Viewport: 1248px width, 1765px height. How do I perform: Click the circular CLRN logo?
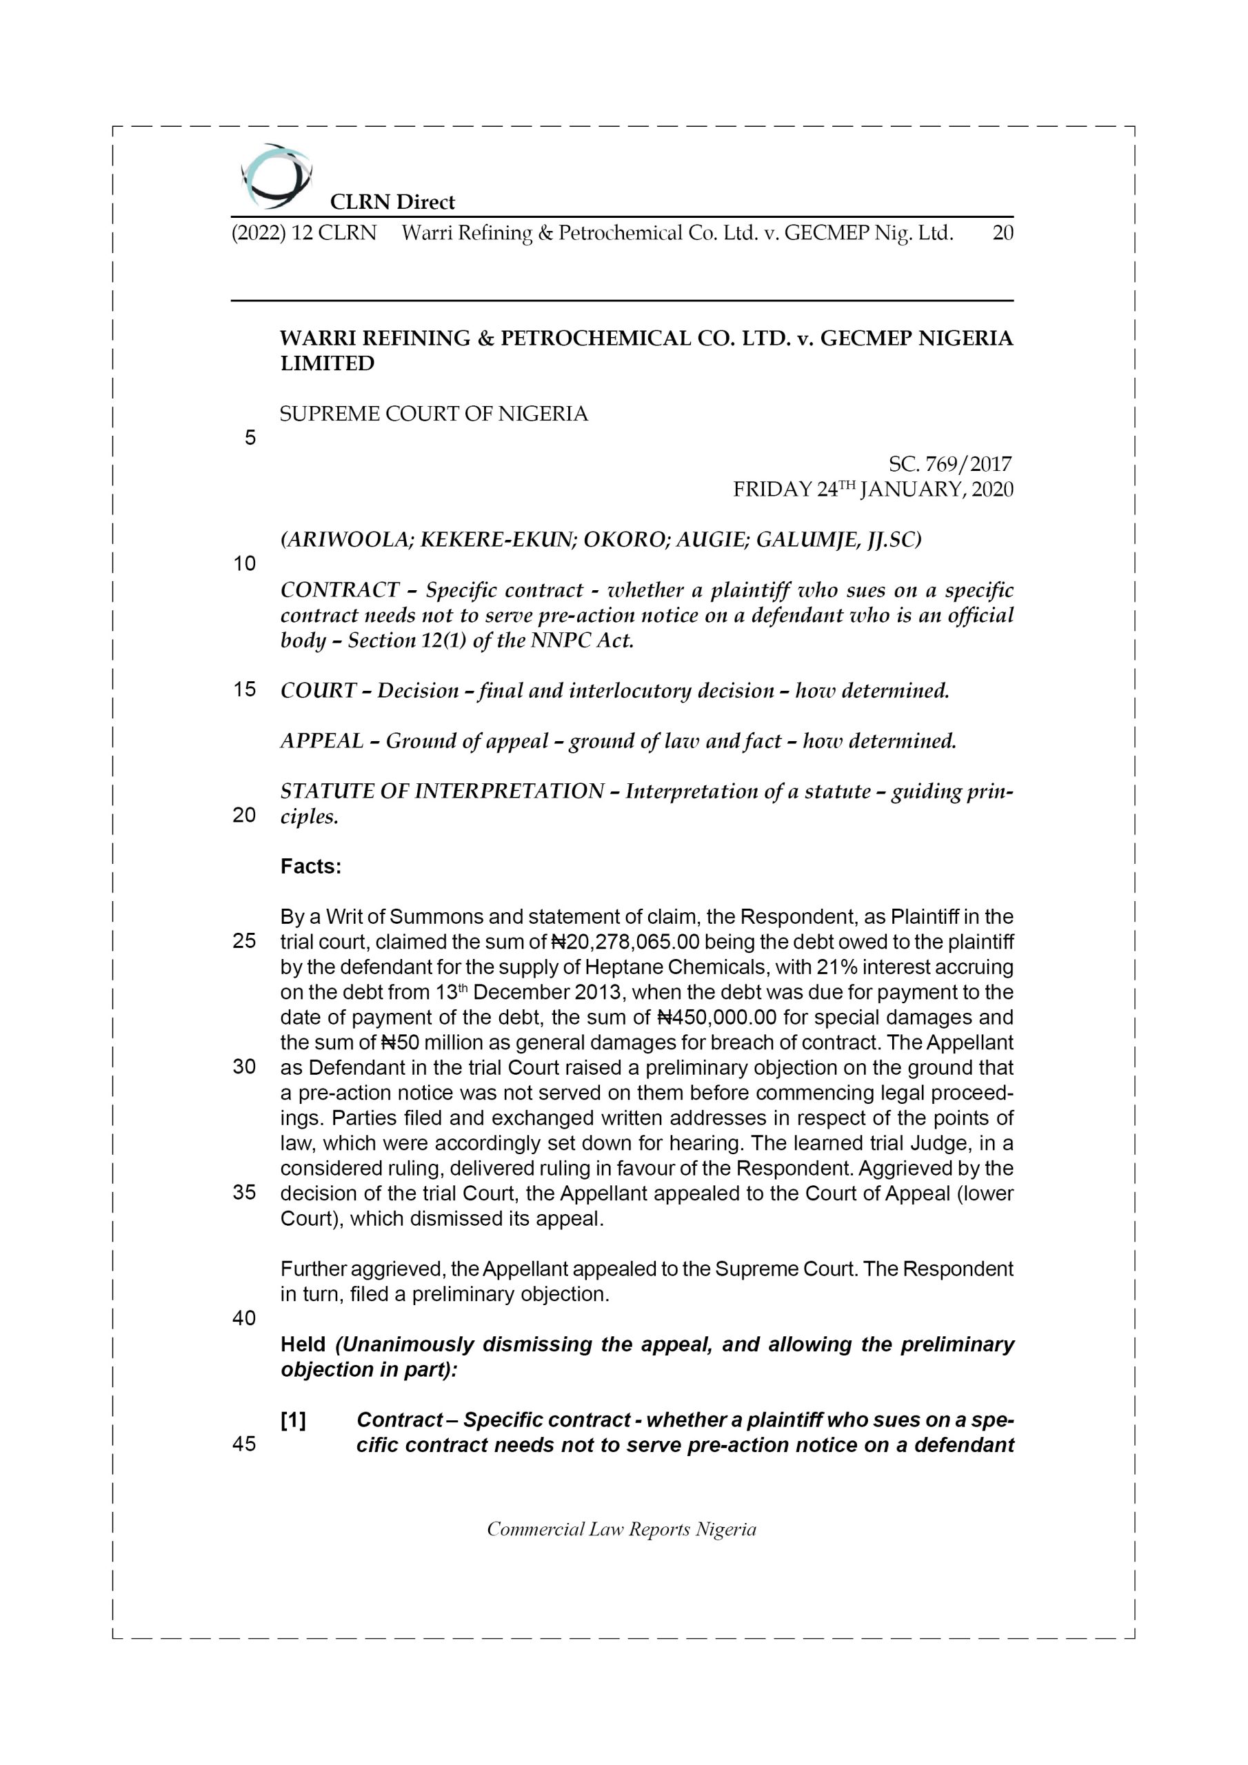[275, 176]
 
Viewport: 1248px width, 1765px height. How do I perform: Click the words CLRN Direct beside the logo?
[392, 202]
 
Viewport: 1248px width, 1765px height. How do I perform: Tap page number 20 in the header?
[1003, 233]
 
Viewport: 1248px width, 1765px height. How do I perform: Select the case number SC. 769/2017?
[949, 464]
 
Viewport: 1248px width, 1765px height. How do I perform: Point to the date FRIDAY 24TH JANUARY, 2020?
[873, 490]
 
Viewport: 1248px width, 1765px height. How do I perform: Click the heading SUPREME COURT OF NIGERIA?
[434, 414]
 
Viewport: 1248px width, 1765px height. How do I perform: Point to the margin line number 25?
[245, 941]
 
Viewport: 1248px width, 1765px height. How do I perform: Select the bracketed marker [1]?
[293, 1420]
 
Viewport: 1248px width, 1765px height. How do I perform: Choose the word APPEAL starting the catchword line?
[321, 741]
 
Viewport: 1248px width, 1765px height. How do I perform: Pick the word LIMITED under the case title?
[327, 363]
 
